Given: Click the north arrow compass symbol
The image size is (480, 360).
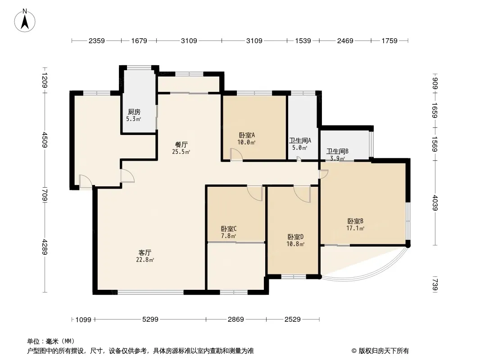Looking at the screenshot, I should pos(26,20).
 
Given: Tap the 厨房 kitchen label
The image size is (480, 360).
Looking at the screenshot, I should pos(134,112).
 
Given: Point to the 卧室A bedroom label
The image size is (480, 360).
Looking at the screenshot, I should pos(247,135).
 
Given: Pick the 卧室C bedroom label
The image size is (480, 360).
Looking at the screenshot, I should pos(229,229).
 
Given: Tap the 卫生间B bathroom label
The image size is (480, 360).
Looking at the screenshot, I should pos(338,151).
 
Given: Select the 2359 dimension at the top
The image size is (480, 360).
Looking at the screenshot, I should pos(96,41).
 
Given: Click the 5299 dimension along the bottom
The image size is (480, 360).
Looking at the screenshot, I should pos(150,319).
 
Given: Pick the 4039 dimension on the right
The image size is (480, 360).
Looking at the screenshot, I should pos(435,202).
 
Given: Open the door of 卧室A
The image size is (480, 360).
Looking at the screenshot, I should pos(236,155).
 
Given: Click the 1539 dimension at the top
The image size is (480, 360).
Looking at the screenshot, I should pos(303,41).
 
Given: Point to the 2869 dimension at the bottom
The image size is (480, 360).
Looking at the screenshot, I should pos(236,319).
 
